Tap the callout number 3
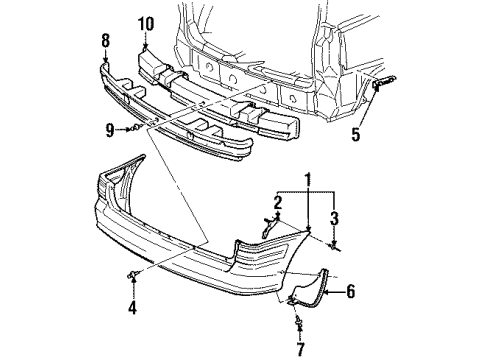[335, 217]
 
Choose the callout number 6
[350, 293]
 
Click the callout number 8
[106, 40]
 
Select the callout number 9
[111, 128]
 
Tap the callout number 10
[146, 22]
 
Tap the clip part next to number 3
[334, 245]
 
